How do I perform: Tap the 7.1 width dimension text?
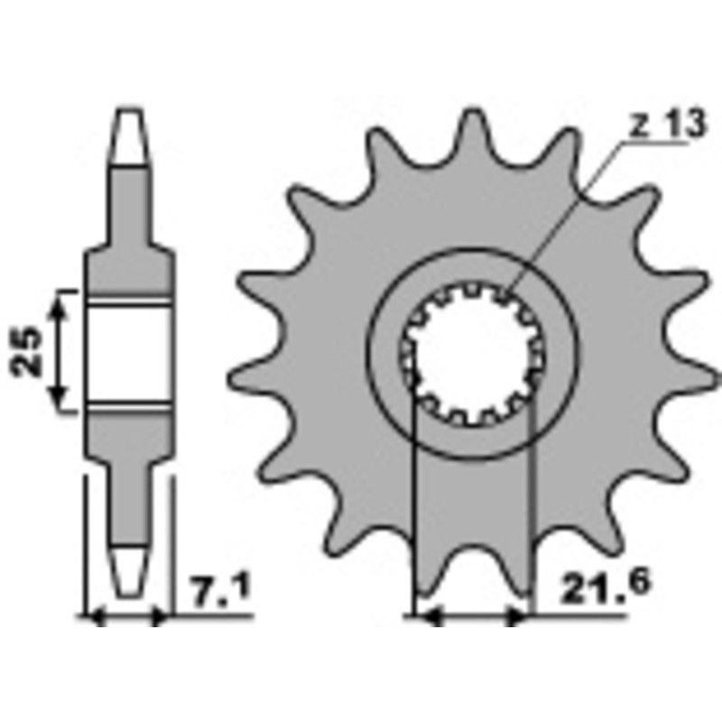point(220,593)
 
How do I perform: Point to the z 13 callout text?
point(666,127)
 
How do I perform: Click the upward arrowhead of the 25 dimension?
point(60,301)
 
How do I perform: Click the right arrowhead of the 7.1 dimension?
point(161,617)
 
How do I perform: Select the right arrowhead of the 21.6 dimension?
point(520,617)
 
